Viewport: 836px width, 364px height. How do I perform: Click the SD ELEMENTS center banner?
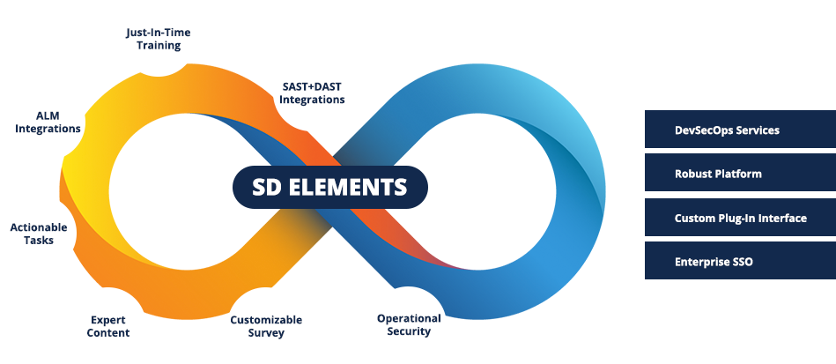tap(330, 187)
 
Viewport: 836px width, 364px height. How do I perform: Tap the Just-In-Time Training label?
tap(158, 40)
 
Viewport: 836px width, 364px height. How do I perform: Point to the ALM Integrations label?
tap(48, 122)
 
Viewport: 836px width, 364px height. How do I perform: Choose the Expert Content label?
tap(109, 326)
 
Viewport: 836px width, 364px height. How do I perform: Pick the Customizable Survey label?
tap(266, 326)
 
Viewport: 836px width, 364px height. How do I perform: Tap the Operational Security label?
tap(409, 324)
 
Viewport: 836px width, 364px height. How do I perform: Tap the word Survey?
tap(266, 333)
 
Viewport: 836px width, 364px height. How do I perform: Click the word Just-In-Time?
tap(158, 33)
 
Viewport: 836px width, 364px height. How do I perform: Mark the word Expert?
tap(109, 319)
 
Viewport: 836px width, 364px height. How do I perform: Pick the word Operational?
tap(409, 318)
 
